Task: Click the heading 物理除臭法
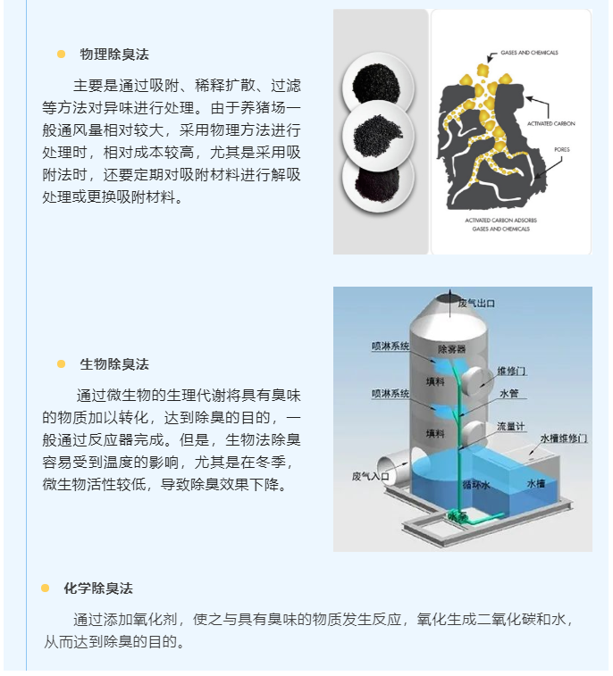click(114, 54)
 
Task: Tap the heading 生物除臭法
click(114, 364)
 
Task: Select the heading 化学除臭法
click(98, 588)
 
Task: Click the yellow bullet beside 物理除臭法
click(62, 54)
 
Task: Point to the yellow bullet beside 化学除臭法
click(46, 588)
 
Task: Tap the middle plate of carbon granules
click(378, 136)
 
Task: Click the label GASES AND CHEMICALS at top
click(529, 53)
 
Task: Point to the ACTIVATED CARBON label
click(550, 124)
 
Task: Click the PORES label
click(562, 150)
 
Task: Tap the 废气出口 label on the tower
click(476, 304)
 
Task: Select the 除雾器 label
click(451, 349)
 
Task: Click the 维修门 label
click(511, 371)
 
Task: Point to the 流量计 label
click(511, 426)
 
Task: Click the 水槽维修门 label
click(563, 438)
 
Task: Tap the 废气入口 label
click(371, 476)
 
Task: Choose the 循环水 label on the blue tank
click(475, 485)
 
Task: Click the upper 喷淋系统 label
click(390, 346)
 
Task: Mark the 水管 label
click(508, 394)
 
